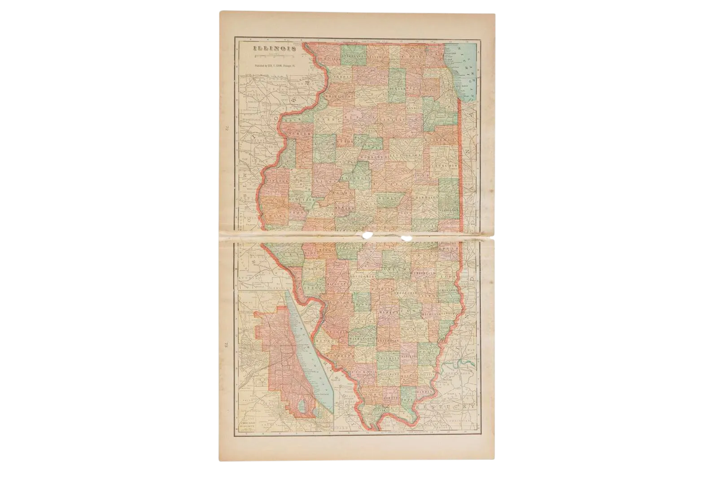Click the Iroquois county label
(x=445, y=166)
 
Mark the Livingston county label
(x=406, y=155)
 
